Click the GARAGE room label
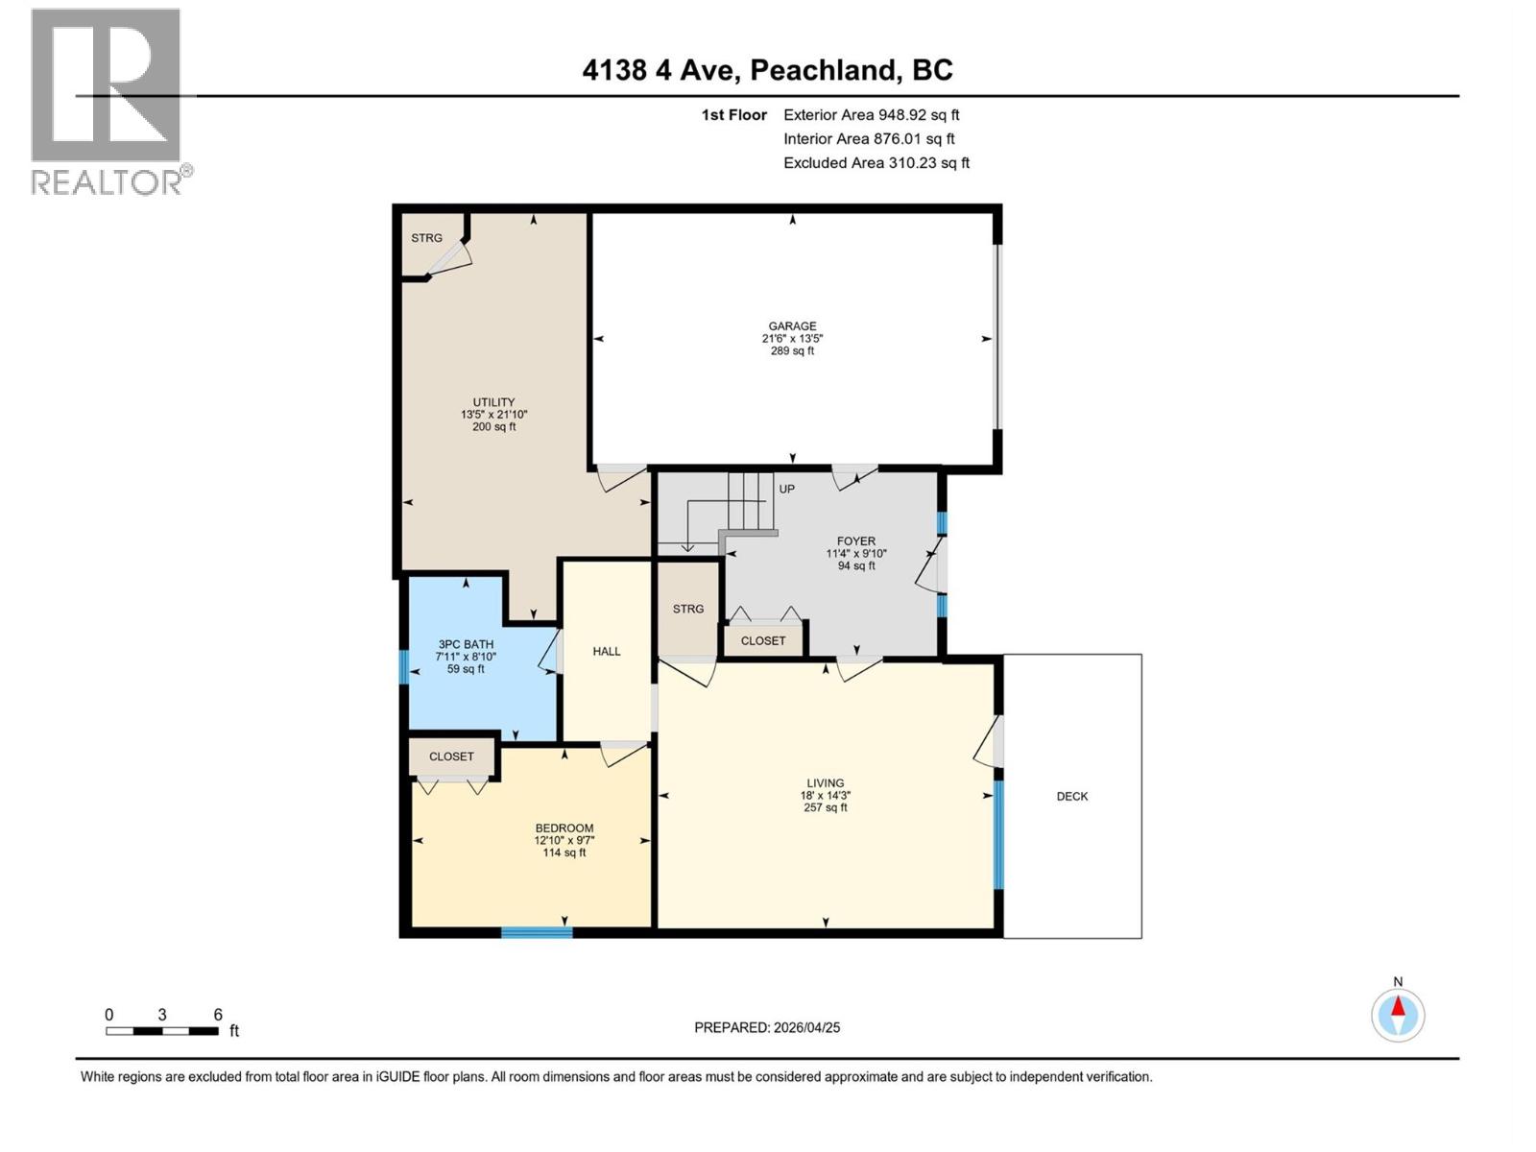click(x=792, y=326)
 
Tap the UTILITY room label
click(x=493, y=402)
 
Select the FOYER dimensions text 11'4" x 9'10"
click(x=856, y=554)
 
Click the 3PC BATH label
click(x=466, y=644)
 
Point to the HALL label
click(x=606, y=651)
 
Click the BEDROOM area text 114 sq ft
click(x=564, y=852)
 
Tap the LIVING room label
click(x=825, y=783)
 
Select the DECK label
click(x=1072, y=796)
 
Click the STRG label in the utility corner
click(x=426, y=238)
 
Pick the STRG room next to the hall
click(x=687, y=609)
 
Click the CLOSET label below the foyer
click(x=763, y=640)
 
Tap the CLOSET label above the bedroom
click(x=451, y=756)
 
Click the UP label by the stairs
click(x=786, y=489)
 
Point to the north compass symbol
click(x=1398, y=1014)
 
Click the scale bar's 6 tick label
click(x=218, y=1015)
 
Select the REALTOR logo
click(x=108, y=101)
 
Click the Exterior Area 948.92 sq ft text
click(x=871, y=114)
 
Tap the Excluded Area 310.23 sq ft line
click(x=876, y=162)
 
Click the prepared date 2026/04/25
click(x=805, y=1027)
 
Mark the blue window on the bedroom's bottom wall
click(x=537, y=932)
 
